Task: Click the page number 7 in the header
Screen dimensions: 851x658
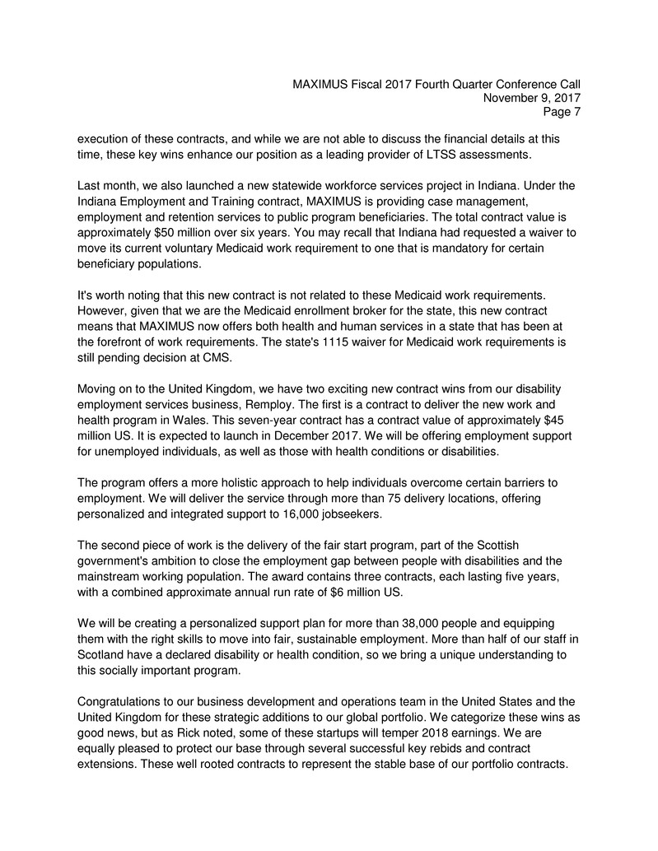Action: (576, 113)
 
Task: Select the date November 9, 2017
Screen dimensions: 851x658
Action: (530, 98)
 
